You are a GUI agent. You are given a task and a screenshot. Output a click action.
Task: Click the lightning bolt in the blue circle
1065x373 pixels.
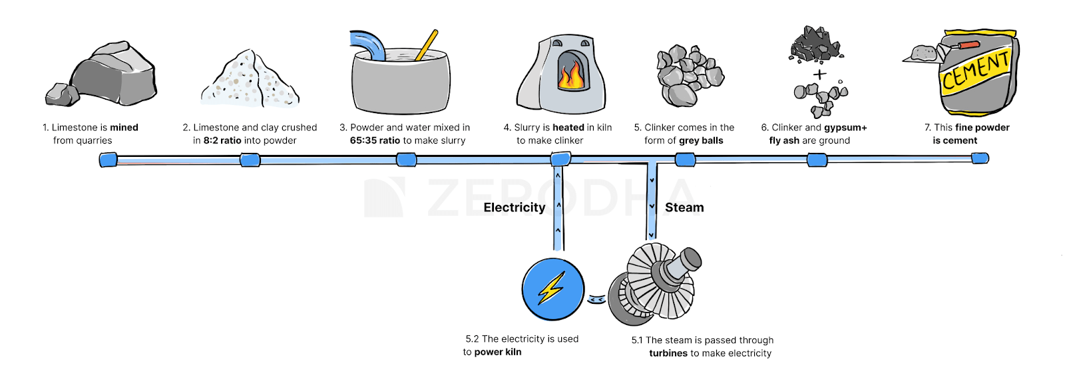point(552,289)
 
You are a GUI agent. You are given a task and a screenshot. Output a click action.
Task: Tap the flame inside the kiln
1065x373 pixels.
point(571,74)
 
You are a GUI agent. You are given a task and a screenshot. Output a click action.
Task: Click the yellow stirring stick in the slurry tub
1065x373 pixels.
point(427,45)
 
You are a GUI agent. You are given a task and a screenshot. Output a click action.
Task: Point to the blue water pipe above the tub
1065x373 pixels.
point(368,44)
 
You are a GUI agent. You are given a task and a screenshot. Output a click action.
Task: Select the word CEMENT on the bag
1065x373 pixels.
point(976,70)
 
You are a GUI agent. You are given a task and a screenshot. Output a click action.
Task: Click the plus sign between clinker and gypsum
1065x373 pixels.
point(819,74)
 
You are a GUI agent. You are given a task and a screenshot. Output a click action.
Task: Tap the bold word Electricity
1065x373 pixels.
point(514,207)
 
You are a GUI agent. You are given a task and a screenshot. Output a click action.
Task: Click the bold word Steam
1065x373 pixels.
point(684,207)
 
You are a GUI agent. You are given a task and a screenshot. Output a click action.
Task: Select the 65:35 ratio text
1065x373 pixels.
point(375,140)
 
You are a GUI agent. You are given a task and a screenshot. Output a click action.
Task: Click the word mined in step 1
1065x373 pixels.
point(124,127)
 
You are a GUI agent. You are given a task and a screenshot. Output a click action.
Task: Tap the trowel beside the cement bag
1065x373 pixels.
point(922,54)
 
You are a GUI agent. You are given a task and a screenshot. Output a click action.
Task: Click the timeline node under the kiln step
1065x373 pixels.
point(560,159)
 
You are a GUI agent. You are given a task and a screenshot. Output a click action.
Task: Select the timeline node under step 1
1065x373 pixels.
point(108,160)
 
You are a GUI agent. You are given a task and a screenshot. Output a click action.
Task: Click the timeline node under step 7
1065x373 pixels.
point(980,158)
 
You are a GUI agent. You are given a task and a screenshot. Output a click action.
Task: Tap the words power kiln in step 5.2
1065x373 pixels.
point(497,352)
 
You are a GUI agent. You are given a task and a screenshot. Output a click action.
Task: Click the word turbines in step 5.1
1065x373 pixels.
point(668,354)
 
